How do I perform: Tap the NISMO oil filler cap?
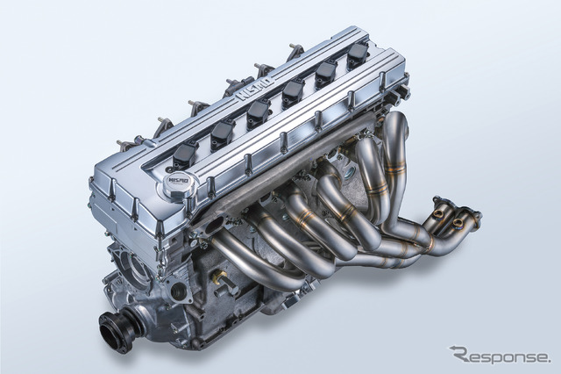(x=188, y=184)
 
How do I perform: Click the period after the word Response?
(x=548, y=359)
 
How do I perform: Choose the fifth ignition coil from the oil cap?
(x=323, y=73)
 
